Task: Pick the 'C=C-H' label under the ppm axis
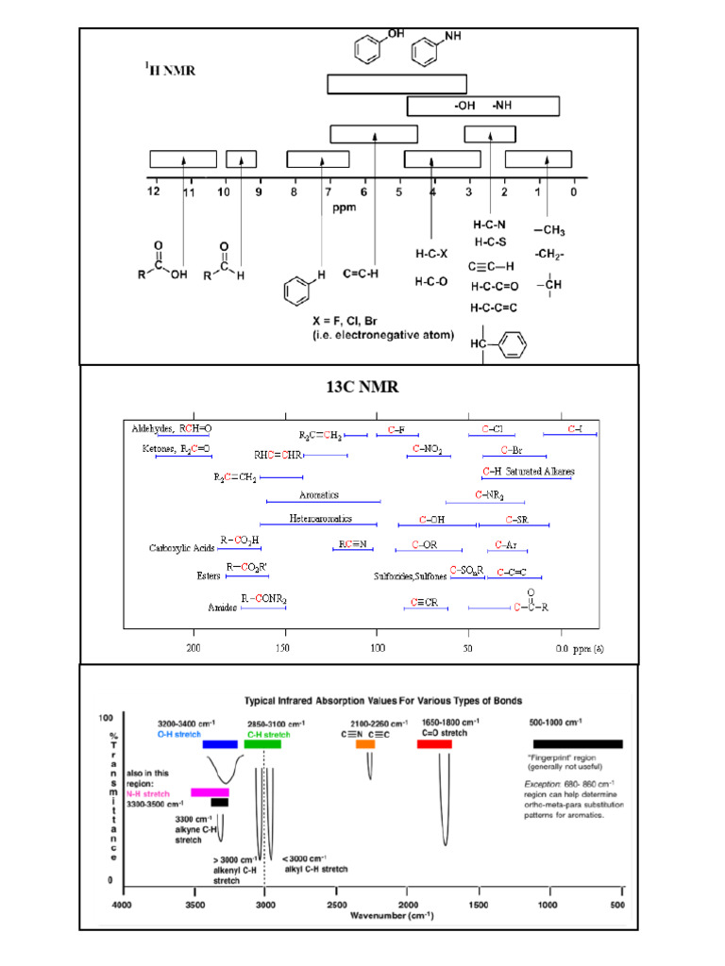tap(361, 274)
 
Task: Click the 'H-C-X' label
tap(431, 254)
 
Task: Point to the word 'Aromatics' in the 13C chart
tap(319, 495)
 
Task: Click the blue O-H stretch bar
tap(220, 744)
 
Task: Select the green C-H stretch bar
tap(262, 744)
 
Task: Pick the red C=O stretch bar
tap(434, 744)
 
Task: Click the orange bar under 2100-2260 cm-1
tap(364, 744)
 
